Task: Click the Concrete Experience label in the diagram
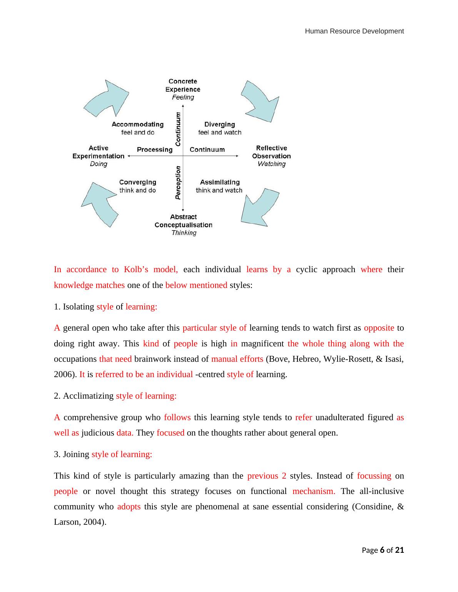pyautogui.click(x=183, y=85)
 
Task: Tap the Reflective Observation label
pyautogui.click(x=271, y=152)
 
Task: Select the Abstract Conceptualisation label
pyautogui.click(x=183, y=221)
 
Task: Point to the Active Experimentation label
pyautogui.click(x=99, y=152)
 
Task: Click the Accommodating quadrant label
pyautogui.click(x=137, y=124)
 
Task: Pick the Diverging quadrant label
pyautogui.click(x=219, y=124)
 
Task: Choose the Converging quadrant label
pyautogui.click(x=137, y=182)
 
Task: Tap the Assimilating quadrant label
pyautogui.click(x=219, y=182)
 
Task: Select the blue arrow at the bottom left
pyautogui.click(x=99, y=204)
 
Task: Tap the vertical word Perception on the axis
pyautogui.click(x=178, y=183)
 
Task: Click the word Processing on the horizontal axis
pyautogui.click(x=154, y=150)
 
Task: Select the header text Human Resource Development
pyautogui.click(x=354, y=31)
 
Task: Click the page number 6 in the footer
pyautogui.click(x=382, y=550)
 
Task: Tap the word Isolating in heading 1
pyautogui.click(x=79, y=307)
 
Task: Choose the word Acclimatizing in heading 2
pyautogui.click(x=88, y=396)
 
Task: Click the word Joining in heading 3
pyautogui.click(x=76, y=454)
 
